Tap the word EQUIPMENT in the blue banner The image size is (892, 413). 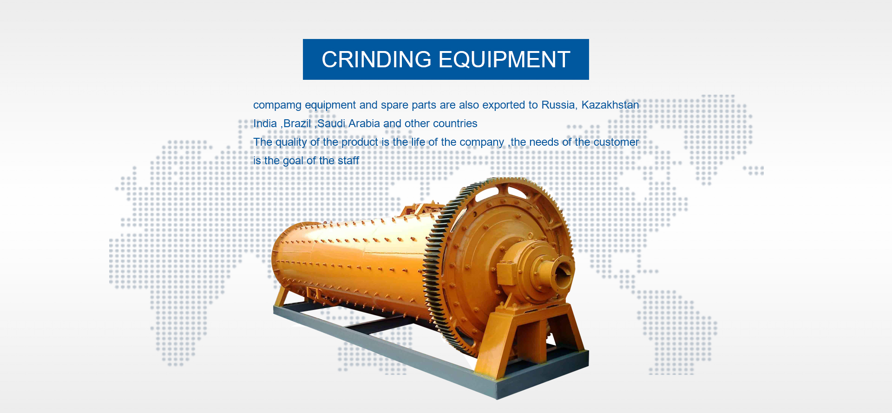505,60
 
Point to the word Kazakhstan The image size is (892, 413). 610,105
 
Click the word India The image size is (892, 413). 265,123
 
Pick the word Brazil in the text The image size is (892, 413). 297,123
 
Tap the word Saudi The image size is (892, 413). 331,123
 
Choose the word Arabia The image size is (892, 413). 364,123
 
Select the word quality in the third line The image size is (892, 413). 291,142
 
